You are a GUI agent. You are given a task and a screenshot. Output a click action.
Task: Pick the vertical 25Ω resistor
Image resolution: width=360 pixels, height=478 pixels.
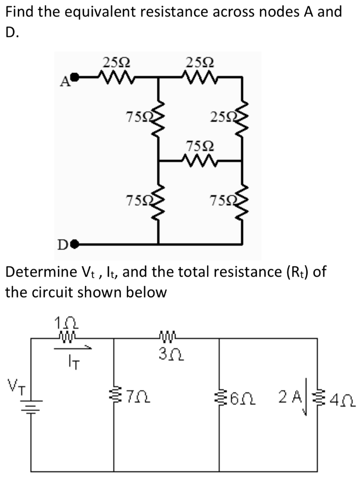242,119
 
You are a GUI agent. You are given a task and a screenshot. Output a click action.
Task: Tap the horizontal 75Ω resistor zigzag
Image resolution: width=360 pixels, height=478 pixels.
200,161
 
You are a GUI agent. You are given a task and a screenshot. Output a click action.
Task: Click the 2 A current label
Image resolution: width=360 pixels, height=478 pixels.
290,398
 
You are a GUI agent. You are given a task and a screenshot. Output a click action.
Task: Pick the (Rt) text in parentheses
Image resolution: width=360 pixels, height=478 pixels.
295,272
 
